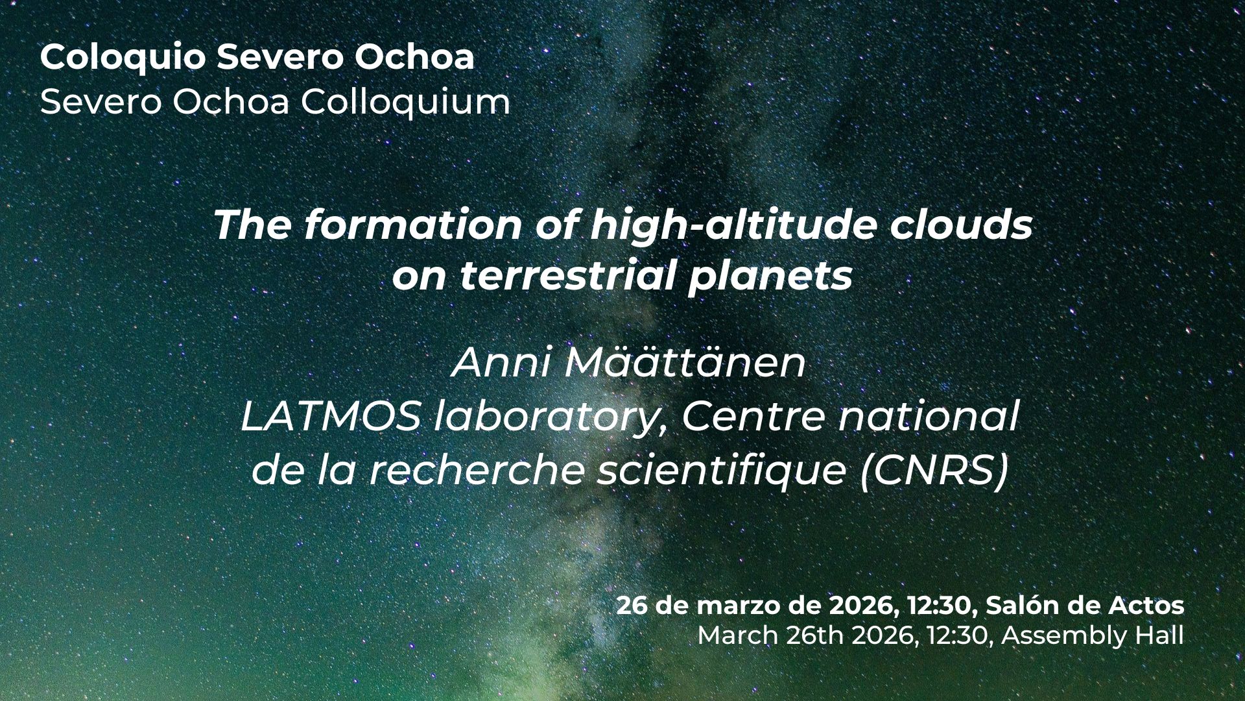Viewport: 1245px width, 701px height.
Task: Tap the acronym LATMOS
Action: pos(331,418)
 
